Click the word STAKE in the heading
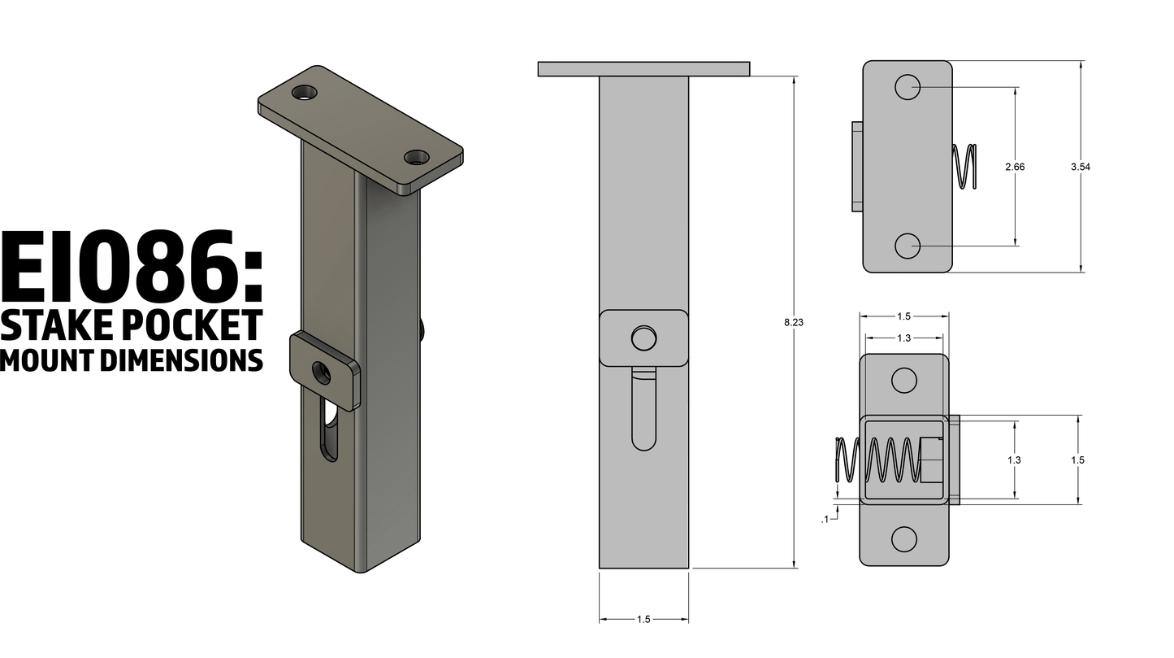click(x=57, y=325)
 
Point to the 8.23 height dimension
click(x=793, y=323)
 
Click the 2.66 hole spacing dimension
click(x=1015, y=167)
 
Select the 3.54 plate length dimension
click(x=1081, y=167)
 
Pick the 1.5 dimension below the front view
click(x=643, y=619)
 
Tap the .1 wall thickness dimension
click(x=825, y=519)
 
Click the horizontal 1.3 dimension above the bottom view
click(x=903, y=338)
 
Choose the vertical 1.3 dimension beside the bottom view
click(x=1014, y=460)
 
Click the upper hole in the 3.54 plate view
click(x=908, y=87)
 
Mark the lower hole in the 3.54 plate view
click(x=908, y=245)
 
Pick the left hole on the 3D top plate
click(x=306, y=93)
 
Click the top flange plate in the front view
click(x=643, y=68)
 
